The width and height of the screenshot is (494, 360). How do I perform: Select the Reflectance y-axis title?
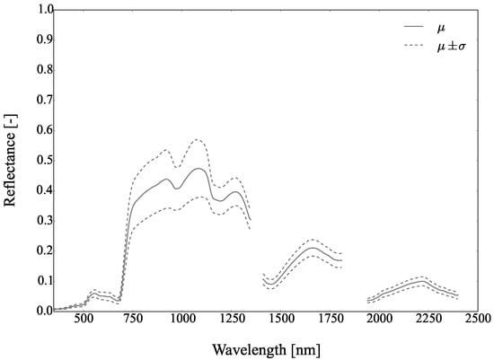pos(12,160)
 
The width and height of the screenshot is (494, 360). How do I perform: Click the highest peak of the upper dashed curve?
pos(196,139)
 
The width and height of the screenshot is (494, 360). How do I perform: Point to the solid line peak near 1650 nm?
pos(311,248)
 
